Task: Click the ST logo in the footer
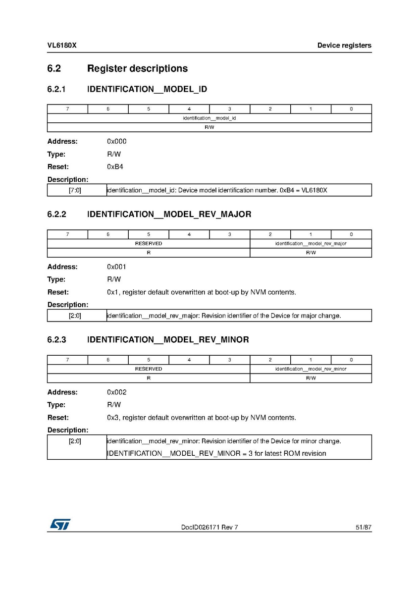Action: [x=59, y=524]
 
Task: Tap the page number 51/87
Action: [x=363, y=528]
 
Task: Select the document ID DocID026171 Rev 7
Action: [x=209, y=528]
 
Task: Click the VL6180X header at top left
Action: [x=61, y=46]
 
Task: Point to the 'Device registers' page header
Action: [x=344, y=46]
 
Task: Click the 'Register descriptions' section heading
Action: [x=137, y=68]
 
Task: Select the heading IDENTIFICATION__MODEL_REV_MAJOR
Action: [x=169, y=215]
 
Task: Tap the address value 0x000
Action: [x=116, y=141]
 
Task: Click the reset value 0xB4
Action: [x=115, y=167]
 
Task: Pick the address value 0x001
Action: [x=116, y=267]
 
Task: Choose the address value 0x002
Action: [x=116, y=392]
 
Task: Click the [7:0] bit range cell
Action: [x=75, y=190]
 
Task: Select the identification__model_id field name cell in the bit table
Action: [x=209, y=118]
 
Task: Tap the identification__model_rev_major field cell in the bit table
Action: [x=311, y=244]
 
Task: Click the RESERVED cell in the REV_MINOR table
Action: [x=148, y=369]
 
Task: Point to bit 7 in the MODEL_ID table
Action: [x=67, y=109]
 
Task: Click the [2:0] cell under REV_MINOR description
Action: [x=75, y=441]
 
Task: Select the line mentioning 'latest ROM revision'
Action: [x=216, y=453]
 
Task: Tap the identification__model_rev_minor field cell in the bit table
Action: [x=311, y=369]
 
